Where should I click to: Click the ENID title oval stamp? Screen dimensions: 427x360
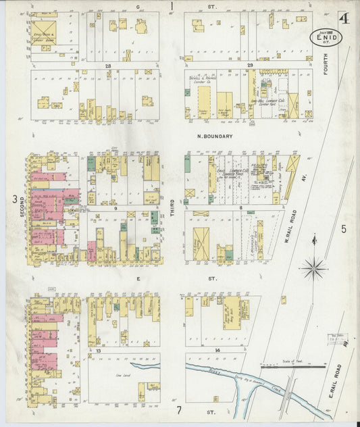326,38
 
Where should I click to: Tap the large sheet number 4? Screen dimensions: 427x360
344,18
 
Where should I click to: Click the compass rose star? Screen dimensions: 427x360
314,268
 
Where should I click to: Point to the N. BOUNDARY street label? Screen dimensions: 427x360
215,136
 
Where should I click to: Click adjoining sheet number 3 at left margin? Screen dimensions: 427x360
14,198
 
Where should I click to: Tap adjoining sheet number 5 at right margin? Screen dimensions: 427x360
343,229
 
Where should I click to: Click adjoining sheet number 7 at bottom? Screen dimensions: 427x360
180,410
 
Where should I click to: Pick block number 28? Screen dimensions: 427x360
107,66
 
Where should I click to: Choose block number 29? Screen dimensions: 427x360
249,66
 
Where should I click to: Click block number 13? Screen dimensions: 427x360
99,351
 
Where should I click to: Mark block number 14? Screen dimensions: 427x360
217,350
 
